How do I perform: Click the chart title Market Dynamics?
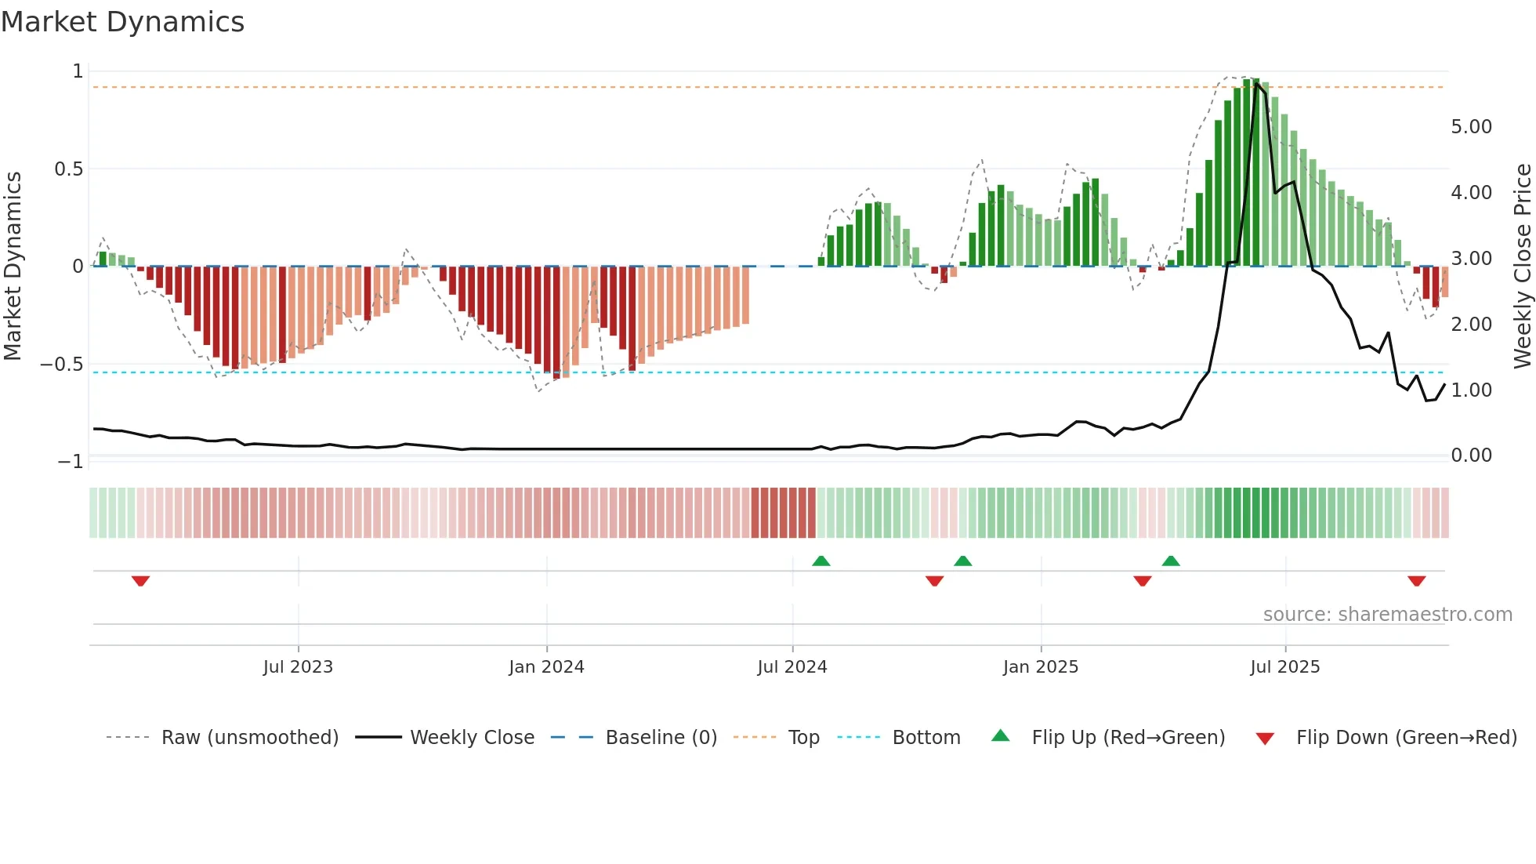[122, 22]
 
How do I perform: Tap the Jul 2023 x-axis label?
[298, 667]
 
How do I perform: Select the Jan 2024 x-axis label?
[546, 667]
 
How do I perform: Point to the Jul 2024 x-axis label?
[792, 667]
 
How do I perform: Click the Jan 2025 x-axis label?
[1041, 667]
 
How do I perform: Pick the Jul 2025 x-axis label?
[1285, 667]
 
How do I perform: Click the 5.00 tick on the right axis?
[1471, 127]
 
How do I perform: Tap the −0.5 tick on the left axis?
[61, 365]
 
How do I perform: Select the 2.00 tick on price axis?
[1471, 325]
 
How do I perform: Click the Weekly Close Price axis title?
[1522, 267]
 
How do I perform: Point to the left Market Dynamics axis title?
[13, 267]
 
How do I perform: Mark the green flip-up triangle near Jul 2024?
[821, 561]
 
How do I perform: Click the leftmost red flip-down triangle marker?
[140, 581]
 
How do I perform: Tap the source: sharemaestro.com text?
[1387, 615]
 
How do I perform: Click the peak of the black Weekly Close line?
[1256, 84]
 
